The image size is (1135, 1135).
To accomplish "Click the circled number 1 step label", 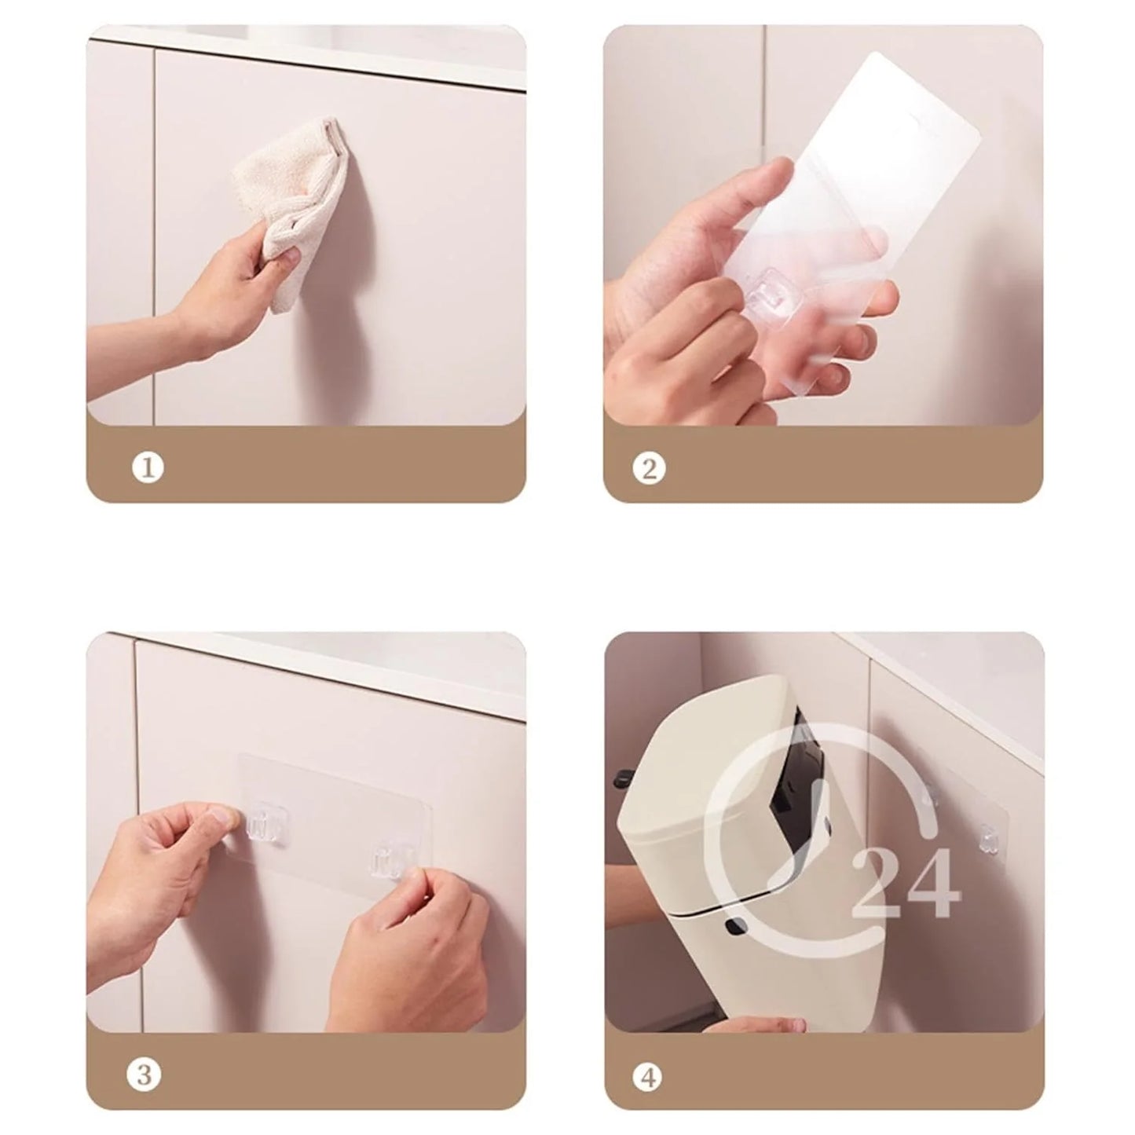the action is (x=148, y=468).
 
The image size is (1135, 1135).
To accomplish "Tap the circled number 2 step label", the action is (x=649, y=470).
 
